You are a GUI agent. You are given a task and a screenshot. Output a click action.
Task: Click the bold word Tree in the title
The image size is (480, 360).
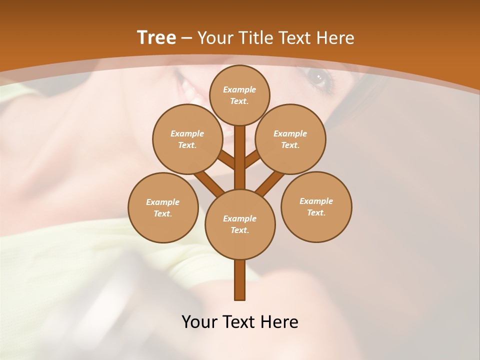tap(156, 38)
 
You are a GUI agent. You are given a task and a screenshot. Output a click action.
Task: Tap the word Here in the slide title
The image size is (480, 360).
tap(337, 38)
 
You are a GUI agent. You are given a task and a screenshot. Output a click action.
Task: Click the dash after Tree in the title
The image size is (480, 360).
tap(186, 38)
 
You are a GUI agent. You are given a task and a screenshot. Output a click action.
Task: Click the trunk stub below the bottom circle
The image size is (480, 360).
tap(240, 280)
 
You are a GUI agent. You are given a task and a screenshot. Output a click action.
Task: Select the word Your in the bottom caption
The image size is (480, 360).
tap(199, 322)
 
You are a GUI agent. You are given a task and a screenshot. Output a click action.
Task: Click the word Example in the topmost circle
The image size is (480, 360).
tap(239, 89)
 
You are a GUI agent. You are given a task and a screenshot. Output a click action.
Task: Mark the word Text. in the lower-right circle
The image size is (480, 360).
tap(316, 212)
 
